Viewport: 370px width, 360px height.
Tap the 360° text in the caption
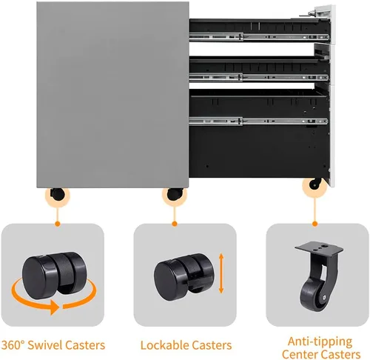[13, 345]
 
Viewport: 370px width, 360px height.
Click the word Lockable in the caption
[164, 345]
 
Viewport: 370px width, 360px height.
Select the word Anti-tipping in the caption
[320, 342]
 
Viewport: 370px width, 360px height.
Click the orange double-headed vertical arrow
[221, 273]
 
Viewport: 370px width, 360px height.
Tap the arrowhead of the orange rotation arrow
[55, 307]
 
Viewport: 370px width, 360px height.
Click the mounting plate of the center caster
[319, 247]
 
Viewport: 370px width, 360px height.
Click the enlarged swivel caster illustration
[54, 276]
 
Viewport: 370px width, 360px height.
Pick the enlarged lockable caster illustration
[184, 276]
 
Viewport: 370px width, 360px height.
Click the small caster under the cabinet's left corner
[57, 194]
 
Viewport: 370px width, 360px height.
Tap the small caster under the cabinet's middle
[175, 193]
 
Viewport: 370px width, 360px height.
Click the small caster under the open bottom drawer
[315, 184]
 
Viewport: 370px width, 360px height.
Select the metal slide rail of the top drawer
[259, 37]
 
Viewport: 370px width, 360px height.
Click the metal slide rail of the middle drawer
[259, 77]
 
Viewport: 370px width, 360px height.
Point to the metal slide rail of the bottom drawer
[259, 121]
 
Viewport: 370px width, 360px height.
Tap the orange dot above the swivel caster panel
[58, 224]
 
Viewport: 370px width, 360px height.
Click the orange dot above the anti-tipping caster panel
[314, 224]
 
